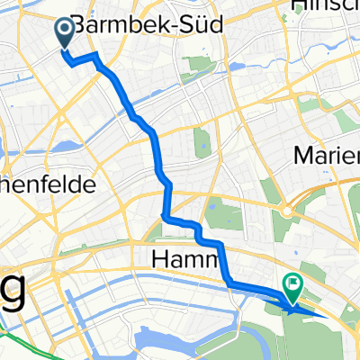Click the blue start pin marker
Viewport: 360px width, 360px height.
point(67,33)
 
